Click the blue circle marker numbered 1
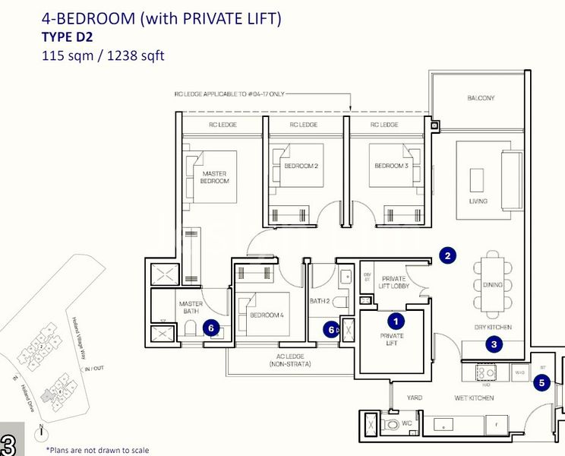tap(395, 323)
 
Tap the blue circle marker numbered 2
tap(448, 256)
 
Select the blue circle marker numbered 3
tap(494, 344)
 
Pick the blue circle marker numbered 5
tap(541, 383)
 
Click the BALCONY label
tap(481, 98)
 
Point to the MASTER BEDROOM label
tap(215, 177)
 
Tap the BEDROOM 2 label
tap(301, 166)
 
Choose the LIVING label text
tap(478, 201)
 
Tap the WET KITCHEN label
tap(475, 397)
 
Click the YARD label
tap(414, 397)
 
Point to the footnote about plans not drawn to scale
tap(97, 450)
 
